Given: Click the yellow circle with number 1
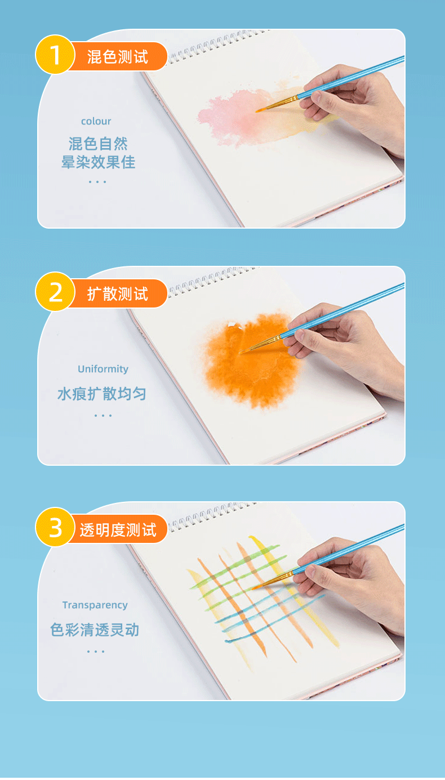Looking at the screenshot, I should click(x=55, y=55).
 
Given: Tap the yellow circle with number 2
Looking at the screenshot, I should click(x=55, y=292).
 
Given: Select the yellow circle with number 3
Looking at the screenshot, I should click(x=55, y=528).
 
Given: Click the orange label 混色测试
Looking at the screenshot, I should click(x=118, y=56).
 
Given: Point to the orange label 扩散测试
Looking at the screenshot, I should click(x=118, y=293).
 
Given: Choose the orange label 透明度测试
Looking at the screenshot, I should click(x=118, y=529).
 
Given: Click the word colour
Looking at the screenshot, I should click(x=96, y=121).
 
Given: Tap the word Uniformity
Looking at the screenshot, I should click(x=103, y=369).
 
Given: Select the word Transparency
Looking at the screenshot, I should click(x=95, y=605).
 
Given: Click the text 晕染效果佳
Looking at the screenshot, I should click(x=99, y=162).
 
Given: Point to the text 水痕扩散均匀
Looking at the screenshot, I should click(x=101, y=394).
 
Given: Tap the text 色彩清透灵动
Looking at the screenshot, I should click(x=95, y=629).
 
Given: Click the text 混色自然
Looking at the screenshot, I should click(x=99, y=144).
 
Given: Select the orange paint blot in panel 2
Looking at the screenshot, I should click(x=253, y=360).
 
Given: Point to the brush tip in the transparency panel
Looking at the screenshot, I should click(x=255, y=588).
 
